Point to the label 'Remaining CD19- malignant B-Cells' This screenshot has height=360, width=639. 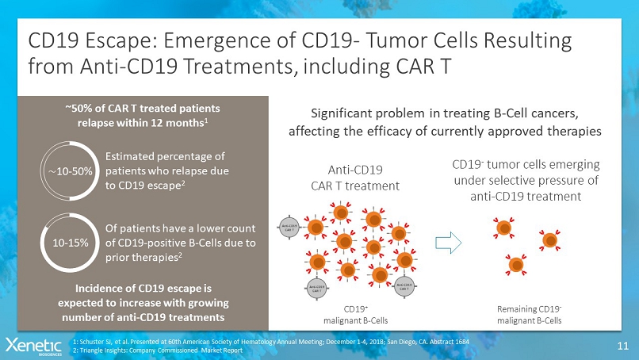(529, 315)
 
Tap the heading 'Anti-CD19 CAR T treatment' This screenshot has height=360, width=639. (354, 177)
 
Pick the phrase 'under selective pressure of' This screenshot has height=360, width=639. (525, 181)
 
